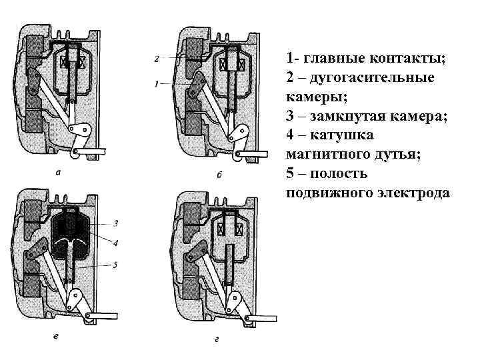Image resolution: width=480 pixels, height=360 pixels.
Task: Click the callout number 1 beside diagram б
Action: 155,85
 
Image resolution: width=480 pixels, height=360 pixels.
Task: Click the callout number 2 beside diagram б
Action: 155,59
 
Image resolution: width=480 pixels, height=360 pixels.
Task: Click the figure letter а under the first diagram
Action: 59,173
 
